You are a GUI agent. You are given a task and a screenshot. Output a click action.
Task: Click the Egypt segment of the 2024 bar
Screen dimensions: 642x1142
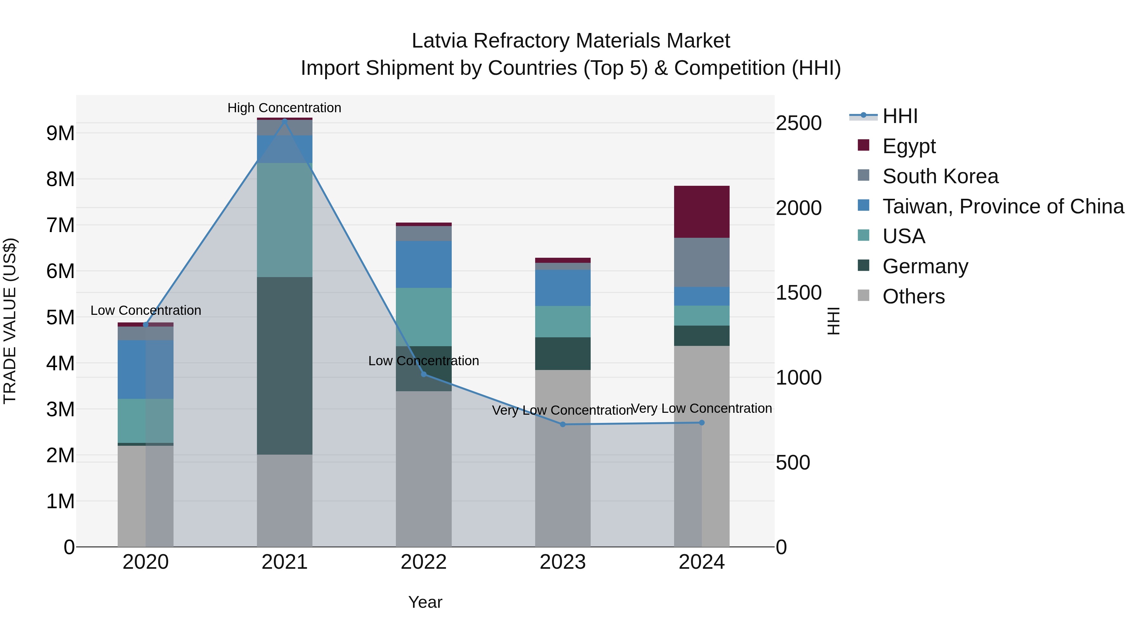[x=701, y=212]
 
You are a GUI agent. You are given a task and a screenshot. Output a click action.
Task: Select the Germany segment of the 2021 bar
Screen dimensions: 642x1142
[x=285, y=366]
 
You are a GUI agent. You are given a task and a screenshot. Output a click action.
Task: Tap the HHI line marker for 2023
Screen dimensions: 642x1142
[x=562, y=425]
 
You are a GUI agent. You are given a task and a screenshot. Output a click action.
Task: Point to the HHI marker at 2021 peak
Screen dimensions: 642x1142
[x=285, y=120]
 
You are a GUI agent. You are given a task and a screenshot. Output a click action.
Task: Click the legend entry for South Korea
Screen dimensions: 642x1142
[x=940, y=176]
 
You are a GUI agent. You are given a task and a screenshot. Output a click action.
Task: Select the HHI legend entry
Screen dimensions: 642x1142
[x=900, y=116]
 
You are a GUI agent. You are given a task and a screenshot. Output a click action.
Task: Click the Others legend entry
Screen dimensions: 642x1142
[x=913, y=296]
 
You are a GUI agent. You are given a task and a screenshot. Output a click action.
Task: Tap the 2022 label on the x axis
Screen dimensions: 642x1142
[x=423, y=562]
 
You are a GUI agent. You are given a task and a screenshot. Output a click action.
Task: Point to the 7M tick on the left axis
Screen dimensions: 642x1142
[x=61, y=225]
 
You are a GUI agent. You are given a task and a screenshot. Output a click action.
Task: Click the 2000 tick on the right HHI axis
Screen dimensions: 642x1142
[x=798, y=208]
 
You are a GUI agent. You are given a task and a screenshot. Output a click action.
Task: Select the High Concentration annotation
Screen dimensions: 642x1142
[x=284, y=108]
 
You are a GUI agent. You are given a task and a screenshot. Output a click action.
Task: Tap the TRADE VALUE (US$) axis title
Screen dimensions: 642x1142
[x=10, y=321]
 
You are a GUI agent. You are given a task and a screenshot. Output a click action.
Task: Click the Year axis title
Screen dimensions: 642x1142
[x=425, y=602]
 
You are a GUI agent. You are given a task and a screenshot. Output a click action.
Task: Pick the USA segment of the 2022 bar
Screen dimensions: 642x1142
[x=423, y=317]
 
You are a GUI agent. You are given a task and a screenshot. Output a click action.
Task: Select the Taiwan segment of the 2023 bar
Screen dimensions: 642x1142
[x=562, y=288]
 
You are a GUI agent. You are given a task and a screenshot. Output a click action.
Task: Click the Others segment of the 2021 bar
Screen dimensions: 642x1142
[x=285, y=501]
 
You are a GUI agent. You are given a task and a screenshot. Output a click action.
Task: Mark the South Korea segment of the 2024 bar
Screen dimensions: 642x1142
[x=701, y=262]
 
